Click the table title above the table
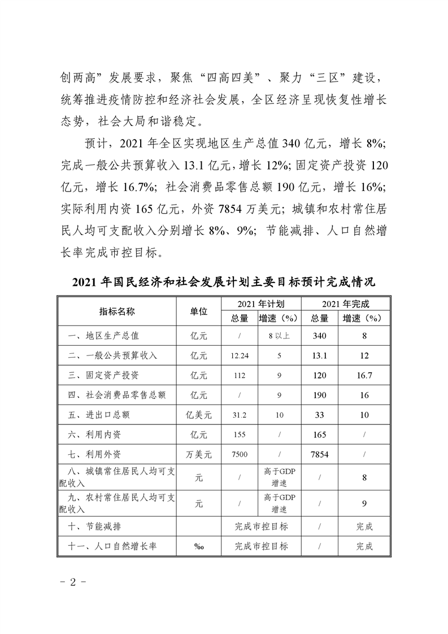click(x=224, y=281)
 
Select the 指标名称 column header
click(x=117, y=311)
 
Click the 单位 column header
click(x=199, y=311)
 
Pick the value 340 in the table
click(x=320, y=336)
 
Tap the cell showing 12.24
click(x=240, y=355)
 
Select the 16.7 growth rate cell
click(x=364, y=375)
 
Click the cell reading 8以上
click(x=279, y=336)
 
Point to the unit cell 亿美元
click(x=199, y=415)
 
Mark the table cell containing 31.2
click(x=240, y=415)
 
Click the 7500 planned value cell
click(x=240, y=454)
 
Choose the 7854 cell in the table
click(x=320, y=454)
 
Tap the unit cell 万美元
click(x=199, y=454)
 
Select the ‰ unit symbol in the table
click(x=199, y=547)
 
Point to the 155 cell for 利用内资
click(x=240, y=435)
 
